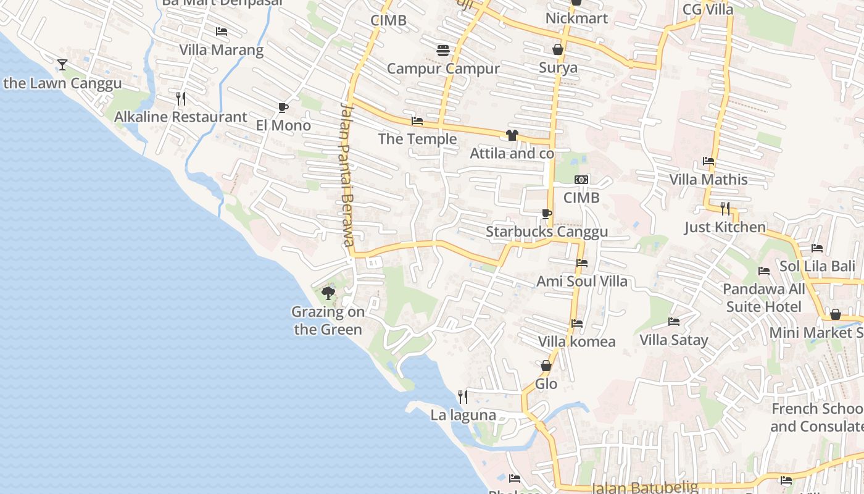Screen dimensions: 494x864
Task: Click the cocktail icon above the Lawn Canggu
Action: click(62, 64)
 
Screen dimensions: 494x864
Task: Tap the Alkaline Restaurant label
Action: click(181, 117)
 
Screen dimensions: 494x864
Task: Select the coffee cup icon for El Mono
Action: click(283, 107)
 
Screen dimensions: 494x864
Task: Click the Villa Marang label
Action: click(221, 50)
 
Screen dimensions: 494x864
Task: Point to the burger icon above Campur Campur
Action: click(442, 51)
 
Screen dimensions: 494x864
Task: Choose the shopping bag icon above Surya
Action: click(558, 49)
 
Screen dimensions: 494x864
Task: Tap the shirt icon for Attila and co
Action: click(512, 135)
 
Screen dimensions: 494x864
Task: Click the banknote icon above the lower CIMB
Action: click(581, 180)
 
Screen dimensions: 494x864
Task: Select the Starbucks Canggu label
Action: click(547, 232)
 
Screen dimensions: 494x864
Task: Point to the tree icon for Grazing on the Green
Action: click(328, 293)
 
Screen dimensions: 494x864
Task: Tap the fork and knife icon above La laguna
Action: click(462, 396)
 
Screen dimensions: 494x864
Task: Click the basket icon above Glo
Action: click(546, 366)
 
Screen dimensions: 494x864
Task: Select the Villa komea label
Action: click(576, 341)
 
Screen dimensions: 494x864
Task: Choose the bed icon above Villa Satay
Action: click(674, 322)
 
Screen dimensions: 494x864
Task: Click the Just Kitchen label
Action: click(725, 227)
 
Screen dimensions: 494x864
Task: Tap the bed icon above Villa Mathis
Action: click(708, 161)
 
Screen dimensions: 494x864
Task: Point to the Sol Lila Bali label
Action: click(817, 267)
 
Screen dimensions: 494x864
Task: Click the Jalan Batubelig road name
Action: click(644, 488)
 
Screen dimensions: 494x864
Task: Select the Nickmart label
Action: click(576, 19)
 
